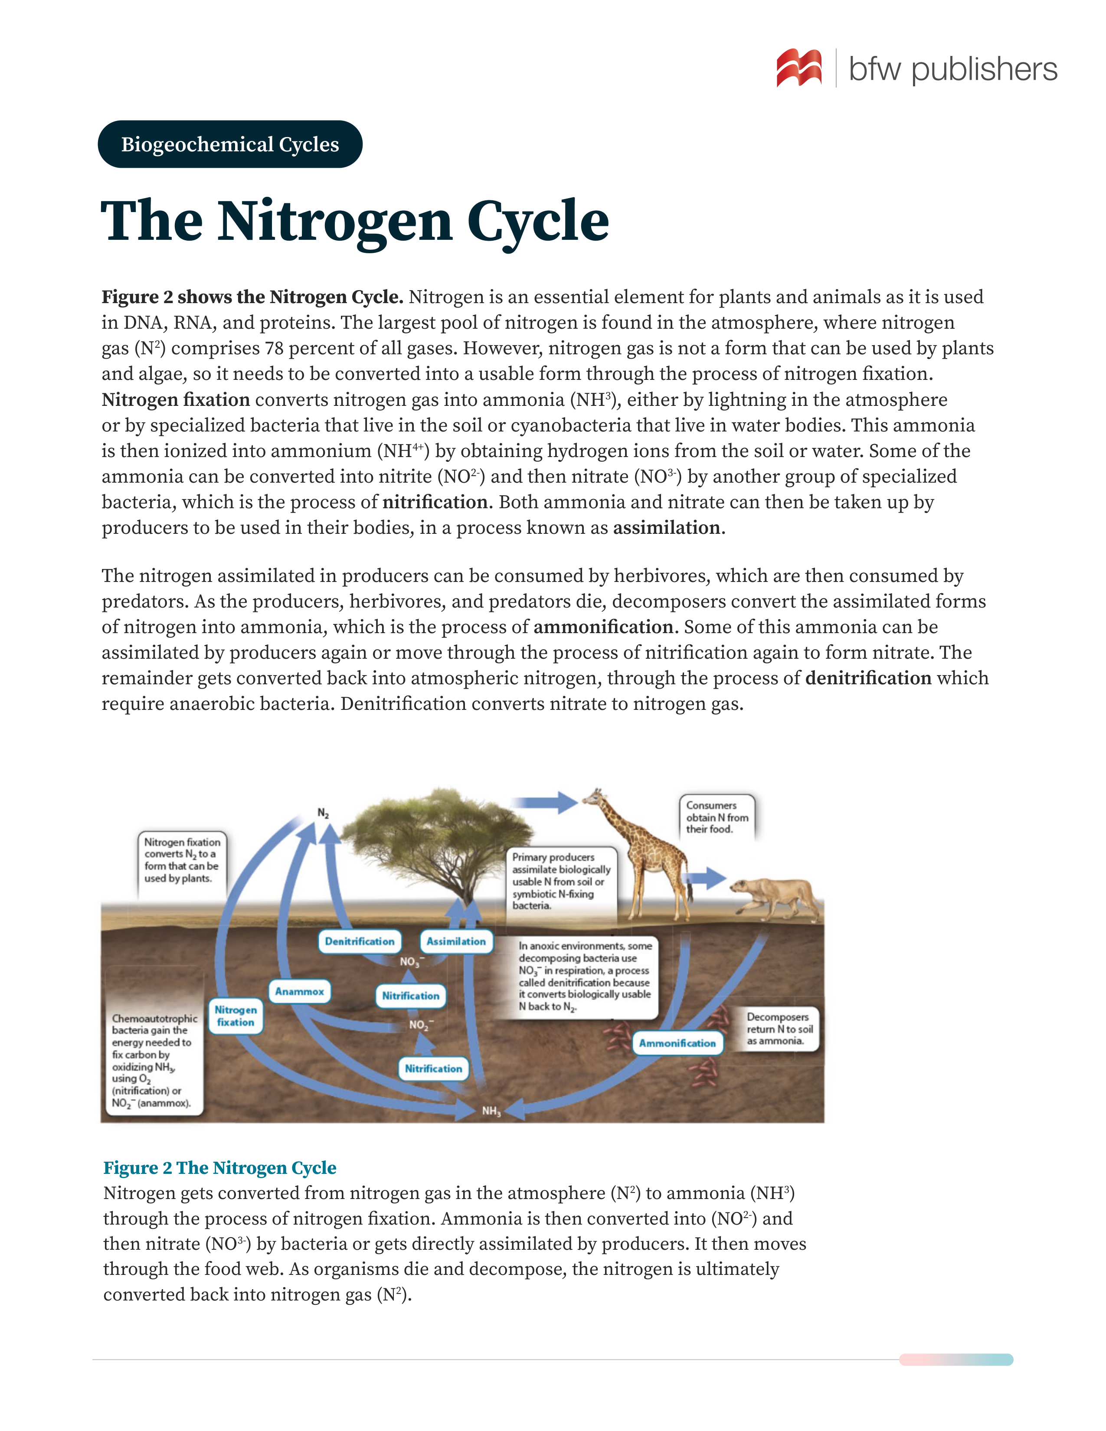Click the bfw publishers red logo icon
point(798,68)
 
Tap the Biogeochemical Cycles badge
point(230,144)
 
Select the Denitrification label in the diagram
point(360,941)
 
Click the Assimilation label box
point(456,941)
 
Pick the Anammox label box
point(299,991)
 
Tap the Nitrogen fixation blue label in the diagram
point(236,1016)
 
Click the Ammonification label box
point(677,1043)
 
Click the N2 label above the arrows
point(323,813)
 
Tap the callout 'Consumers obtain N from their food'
point(717,817)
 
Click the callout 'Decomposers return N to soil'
point(779,1029)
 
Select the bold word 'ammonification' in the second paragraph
point(603,627)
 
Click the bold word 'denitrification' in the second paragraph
point(868,678)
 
